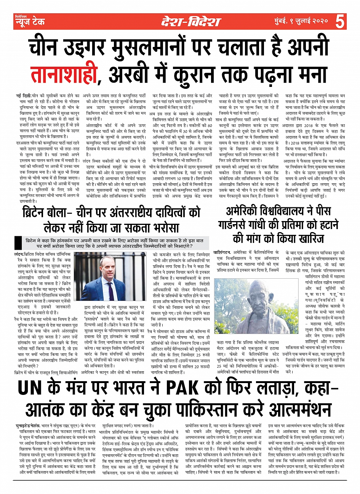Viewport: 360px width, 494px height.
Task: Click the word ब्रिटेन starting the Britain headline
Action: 36,213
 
